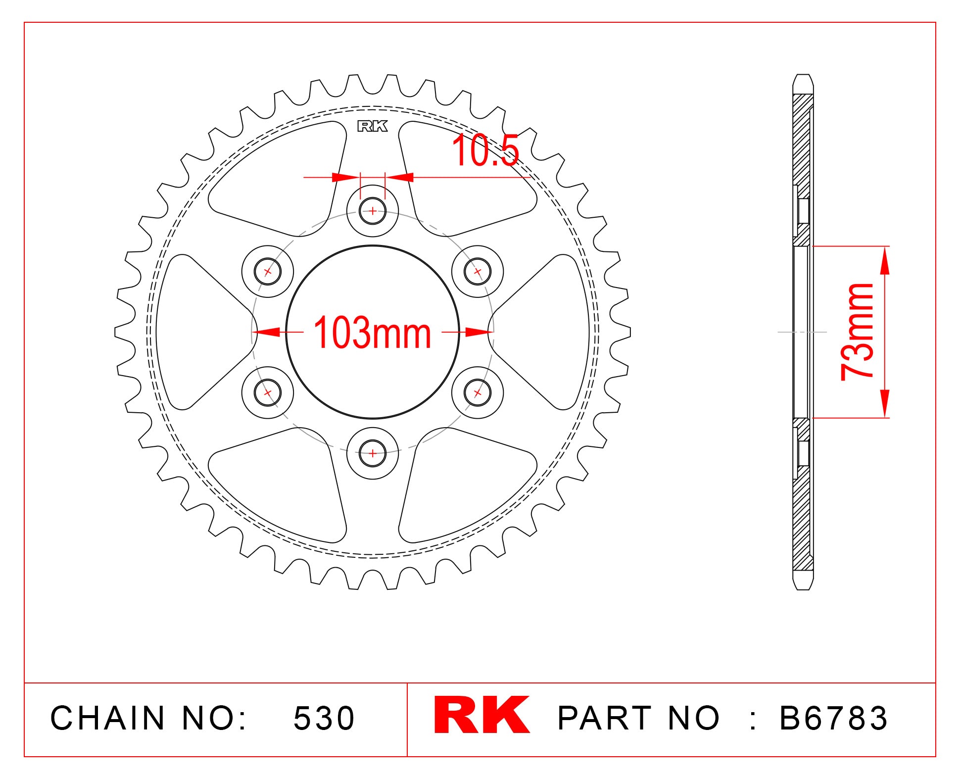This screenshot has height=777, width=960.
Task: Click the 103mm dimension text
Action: [372, 333]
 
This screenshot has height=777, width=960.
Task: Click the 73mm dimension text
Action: [858, 332]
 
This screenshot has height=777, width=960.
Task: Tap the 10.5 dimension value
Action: [485, 151]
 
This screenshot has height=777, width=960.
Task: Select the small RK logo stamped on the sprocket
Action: [372, 127]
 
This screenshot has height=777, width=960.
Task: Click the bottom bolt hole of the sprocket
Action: [372, 453]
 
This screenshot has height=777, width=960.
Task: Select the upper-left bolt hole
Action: [268, 271]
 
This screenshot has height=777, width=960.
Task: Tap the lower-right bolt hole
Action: [477, 393]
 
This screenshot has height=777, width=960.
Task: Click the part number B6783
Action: [834, 718]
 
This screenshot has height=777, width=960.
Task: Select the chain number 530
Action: [324, 718]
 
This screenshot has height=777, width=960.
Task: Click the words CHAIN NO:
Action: [148, 718]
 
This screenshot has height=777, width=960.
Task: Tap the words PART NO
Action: [638, 718]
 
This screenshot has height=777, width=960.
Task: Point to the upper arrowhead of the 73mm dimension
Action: [885, 260]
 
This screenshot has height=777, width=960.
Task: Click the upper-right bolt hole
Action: [477, 271]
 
